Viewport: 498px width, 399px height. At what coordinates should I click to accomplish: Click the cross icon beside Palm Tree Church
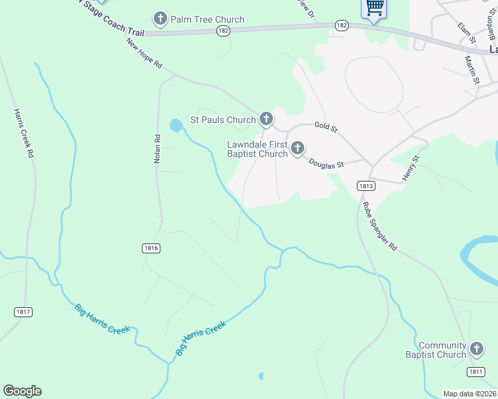[160, 18]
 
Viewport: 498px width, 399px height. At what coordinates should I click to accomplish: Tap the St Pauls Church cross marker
[266, 119]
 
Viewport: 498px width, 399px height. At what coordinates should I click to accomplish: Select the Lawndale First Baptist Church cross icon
[297, 148]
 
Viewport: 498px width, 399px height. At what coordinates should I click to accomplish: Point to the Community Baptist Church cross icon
[476, 349]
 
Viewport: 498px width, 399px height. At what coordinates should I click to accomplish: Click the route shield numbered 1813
[365, 186]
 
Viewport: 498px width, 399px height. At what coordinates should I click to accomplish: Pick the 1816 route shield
[151, 247]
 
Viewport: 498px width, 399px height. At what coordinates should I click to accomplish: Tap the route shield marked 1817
[23, 311]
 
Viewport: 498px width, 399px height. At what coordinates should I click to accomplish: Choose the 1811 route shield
[475, 371]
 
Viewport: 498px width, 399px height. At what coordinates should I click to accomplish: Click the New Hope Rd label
[144, 54]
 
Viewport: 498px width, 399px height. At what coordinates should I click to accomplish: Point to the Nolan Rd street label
[158, 149]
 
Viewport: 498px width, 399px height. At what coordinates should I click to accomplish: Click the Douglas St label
[326, 162]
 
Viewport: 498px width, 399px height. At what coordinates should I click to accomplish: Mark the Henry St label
[409, 168]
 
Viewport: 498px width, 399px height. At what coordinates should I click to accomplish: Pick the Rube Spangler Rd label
[379, 226]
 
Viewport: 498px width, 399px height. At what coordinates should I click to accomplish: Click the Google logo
[22, 391]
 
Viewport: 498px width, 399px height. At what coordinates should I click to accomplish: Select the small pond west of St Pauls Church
[176, 125]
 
